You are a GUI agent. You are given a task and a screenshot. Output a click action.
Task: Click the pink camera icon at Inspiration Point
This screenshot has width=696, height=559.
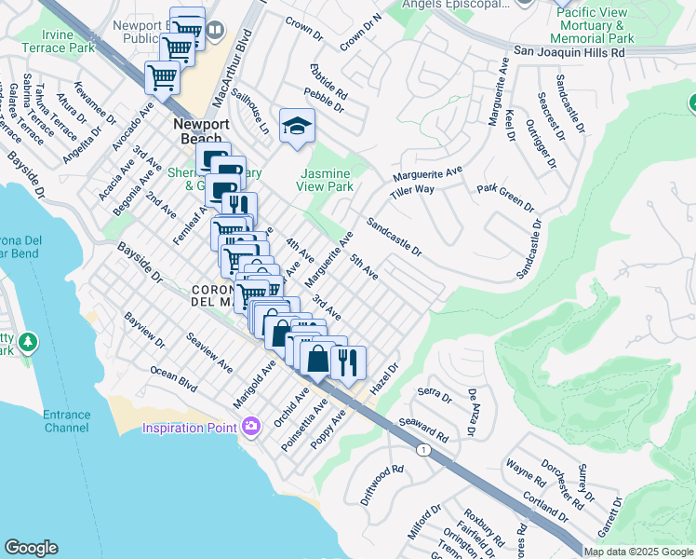coord(249,428)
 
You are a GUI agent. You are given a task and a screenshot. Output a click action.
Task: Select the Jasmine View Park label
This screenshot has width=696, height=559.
coord(327,180)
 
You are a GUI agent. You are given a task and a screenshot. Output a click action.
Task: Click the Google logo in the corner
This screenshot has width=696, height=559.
coord(31,548)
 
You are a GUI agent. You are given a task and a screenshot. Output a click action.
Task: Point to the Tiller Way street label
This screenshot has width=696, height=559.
coord(413,189)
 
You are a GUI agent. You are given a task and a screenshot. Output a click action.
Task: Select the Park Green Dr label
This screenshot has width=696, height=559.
coord(505,197)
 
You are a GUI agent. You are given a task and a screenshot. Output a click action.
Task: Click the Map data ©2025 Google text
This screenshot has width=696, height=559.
coord(638,551)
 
